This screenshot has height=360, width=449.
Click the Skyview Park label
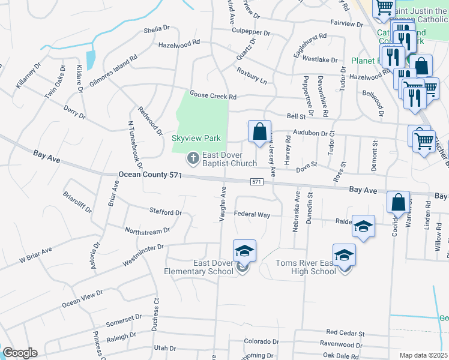point(196,138)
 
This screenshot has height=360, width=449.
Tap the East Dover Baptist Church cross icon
point(193,158)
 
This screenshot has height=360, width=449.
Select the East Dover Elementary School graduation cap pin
point(244,250)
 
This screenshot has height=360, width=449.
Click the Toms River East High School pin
point(344,254)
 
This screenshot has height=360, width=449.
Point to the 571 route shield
point(256,181)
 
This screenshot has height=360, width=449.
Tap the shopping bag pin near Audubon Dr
point(259,131)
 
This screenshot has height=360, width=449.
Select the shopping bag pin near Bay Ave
point(398,203)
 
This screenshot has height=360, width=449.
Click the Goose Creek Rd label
point(213,95)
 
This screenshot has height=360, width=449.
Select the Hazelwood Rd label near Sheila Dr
point(179,45)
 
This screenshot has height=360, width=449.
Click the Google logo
point(20,353)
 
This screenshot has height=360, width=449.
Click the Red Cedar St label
point(345,332)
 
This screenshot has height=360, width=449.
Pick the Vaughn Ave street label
point(222,204)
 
